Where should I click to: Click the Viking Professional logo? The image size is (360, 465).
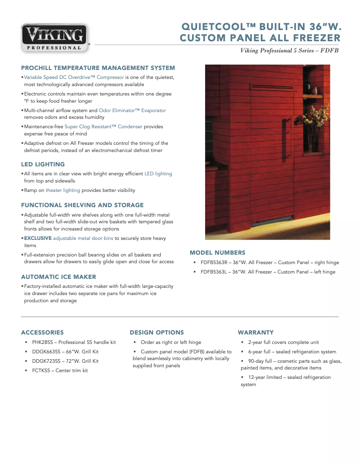coord(54,38)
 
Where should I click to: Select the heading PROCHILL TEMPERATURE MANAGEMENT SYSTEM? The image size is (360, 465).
coord(98,68)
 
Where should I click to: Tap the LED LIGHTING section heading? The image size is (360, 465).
coord(43,165)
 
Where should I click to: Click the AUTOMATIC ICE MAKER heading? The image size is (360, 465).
coord(58,277)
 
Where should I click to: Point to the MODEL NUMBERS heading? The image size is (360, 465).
coord(217,253)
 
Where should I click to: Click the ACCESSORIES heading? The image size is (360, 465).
coord(42,333)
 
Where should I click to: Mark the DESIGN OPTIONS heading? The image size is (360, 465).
coord(157,333)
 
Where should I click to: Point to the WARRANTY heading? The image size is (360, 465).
coord(255,333)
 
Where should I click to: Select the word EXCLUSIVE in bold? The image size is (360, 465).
coord(38,238)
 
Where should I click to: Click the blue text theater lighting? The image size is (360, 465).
coord(63,190)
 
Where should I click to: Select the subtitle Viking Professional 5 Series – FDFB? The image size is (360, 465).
coord(289,51)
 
